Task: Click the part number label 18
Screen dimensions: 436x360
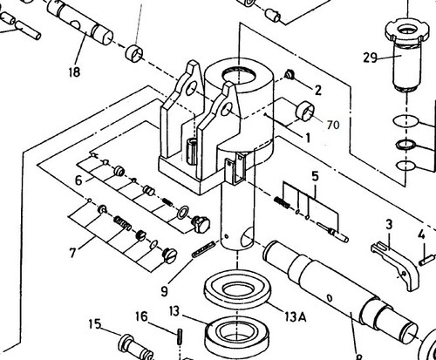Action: coord(74,71)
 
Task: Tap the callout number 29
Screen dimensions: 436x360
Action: coord(370,58)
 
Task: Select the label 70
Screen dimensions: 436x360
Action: coord(333,125)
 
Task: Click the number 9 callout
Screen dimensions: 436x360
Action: coord(164,291)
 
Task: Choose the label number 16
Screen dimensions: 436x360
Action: coord(141,316)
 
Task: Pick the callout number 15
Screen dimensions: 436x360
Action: coord(95,323)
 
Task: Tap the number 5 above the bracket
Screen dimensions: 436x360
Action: coord(315,176)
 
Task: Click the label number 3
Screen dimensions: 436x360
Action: coord(389,224)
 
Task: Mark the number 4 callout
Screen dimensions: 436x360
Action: coord(421,234)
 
